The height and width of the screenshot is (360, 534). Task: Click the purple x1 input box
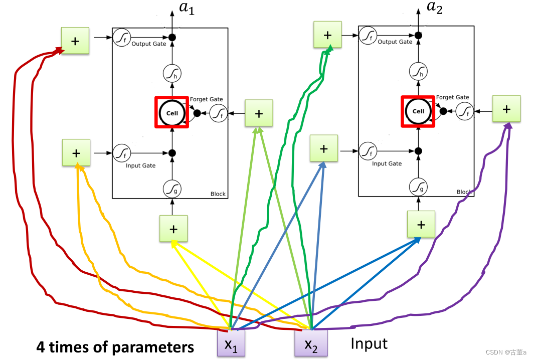click(231, 343)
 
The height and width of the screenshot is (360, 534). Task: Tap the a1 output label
click(187, 8)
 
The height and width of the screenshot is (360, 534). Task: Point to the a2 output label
click(434, 8)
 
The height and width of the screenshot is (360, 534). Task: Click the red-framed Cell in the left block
click(172, 113)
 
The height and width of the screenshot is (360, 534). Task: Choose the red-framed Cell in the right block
click(418, 111)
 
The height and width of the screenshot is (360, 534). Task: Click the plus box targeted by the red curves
click(75, 41)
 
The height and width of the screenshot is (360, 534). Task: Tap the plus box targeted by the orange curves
click(76, 152)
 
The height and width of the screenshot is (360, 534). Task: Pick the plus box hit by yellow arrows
click(173, 229)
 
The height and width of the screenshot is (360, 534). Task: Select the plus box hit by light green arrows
click(259, 113)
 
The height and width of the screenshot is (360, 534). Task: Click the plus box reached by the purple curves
click(506, 108)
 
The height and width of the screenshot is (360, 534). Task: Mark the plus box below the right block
click(421, 225)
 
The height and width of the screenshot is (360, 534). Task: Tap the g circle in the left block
click(171, 189)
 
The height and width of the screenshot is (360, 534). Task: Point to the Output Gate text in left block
click(148, 44)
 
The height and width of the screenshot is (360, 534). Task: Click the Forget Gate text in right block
click(452, 97)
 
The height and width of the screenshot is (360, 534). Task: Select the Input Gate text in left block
click(140, 165)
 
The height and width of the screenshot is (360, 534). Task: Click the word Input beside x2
click(369, 343)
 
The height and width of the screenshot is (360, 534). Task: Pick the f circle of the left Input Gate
click(121, 152)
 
